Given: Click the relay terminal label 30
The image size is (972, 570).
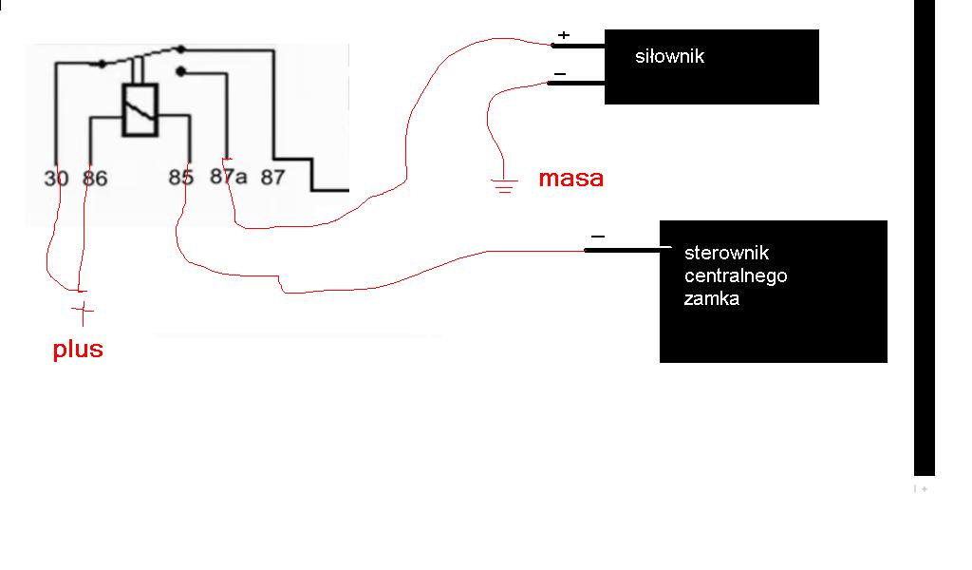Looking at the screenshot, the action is coord(56,179).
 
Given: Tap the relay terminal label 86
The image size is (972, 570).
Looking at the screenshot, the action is coord(95,179).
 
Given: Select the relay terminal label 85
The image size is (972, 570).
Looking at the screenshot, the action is coord(181,178).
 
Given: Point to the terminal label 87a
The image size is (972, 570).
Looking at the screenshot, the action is coord(228,177).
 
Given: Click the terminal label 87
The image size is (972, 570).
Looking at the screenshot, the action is coord(272,178).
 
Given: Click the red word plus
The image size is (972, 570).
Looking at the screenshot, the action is coord(78,350).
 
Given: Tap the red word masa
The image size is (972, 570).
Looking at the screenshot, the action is coord(570,178).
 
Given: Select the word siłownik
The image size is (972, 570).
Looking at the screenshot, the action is coord(669,56).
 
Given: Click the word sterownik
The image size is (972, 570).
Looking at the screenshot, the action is coord(726,253).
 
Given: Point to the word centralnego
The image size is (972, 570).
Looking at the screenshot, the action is coord(736,276).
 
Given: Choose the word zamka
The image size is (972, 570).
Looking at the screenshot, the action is coord(712,299).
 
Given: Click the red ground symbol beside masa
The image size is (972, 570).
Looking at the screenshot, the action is coord(504,185).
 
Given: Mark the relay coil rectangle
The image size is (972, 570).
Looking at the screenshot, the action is coord(140,110).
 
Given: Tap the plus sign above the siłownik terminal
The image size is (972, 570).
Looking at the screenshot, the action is coord(564,35).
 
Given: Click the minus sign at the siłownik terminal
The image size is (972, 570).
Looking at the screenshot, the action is coord(560,74).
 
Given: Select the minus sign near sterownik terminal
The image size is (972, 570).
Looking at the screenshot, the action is coord(598,237).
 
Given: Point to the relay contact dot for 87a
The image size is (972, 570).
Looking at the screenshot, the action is coord(181,72).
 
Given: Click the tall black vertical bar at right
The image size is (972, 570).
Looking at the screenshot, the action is coord(925,237).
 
